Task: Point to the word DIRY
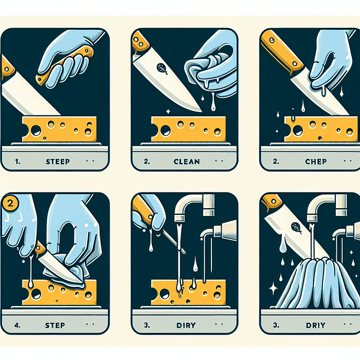pos(187,325)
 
